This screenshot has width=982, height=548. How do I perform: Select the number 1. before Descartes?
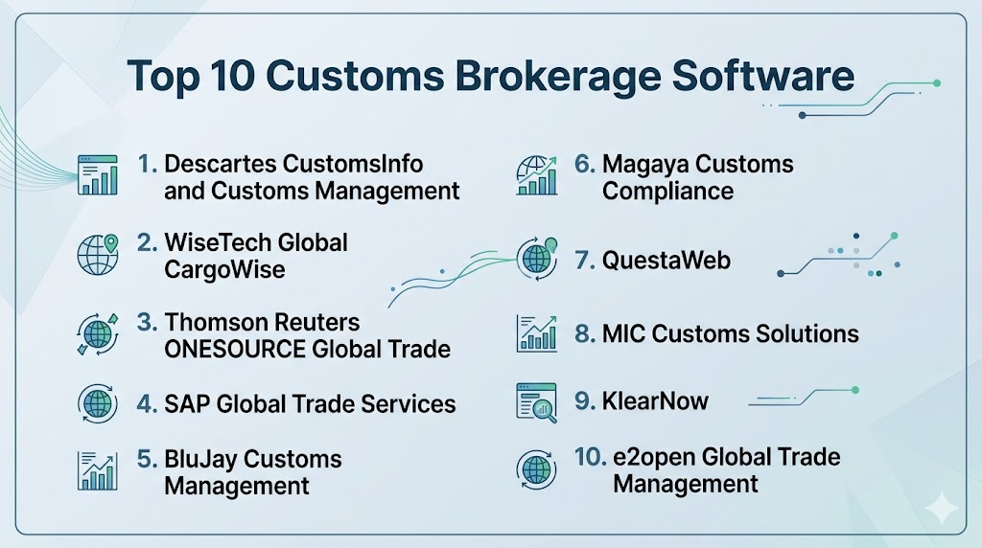click(147, 164)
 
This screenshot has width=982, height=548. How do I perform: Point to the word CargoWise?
click(224, 269)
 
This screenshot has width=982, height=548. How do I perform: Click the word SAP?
click(187, 404)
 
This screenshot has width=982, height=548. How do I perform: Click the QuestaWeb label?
click(666, 261)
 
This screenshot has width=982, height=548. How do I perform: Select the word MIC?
click(622, 334)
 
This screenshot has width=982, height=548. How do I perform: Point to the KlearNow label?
click(655, 401)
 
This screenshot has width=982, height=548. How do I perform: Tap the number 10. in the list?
click(591, 457)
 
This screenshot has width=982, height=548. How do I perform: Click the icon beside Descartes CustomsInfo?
click(98, 175)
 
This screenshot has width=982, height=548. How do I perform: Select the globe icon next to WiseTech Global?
click(99, 255)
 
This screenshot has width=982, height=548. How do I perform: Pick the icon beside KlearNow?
click(537, 402)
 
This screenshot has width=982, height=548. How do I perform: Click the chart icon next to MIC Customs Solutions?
click(537, 333)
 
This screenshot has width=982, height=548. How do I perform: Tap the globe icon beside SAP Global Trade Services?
click(98, 404)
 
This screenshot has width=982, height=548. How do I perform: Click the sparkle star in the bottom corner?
click(942, 510)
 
